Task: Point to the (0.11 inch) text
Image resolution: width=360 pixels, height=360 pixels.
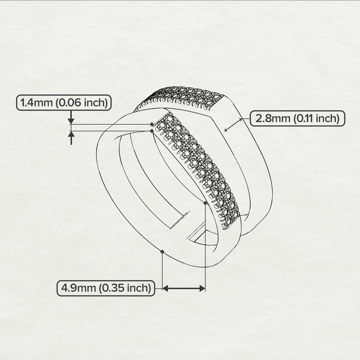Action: click(x=316, y=118)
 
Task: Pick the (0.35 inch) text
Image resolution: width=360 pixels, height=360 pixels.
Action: click(x=125, y=288)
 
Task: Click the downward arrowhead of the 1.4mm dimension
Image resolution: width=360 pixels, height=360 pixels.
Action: click(x=71, y=122)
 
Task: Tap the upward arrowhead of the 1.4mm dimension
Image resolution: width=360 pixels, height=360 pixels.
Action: click(x=71, y=134)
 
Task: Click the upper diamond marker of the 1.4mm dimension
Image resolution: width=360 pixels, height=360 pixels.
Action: click(x=152, y=124)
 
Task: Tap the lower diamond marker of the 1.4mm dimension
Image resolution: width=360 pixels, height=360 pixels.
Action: click(x=152, y=131)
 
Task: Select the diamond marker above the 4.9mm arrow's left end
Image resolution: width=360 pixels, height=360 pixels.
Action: click(x=162, y=252)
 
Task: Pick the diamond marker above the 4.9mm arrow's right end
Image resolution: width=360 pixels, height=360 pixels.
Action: click(x=205, y=203)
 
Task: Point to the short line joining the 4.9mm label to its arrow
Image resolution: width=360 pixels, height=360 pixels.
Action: click(x=159, y=289)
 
